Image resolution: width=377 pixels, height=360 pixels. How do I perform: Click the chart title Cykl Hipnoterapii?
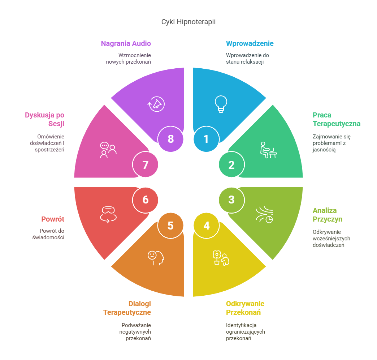pyautogui.click(x=188, y=22)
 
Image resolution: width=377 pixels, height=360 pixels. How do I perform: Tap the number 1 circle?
pyautogui.click(x=206, y=139)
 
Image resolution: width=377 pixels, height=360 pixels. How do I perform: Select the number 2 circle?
pyautogui.click(x=231, y=164)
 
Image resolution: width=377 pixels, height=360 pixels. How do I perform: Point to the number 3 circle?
pyautogui.click(x=231, y=199)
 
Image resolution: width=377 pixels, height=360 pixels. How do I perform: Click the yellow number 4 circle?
pyautogui.click(x=206, y=226)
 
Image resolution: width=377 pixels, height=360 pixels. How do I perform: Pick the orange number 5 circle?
pyautogui.click(x=170, y=226)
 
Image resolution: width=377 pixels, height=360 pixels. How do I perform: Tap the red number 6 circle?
pyautogui.click(x=145, y=199)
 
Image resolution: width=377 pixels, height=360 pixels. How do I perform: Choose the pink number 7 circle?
pyautogui.click(x=145, y=164)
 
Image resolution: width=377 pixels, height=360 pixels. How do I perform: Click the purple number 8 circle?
pyautogui.click(x=170, y=139)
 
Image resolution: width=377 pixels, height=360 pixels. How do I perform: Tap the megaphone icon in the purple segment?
pyautogui.click(x=156, y=104)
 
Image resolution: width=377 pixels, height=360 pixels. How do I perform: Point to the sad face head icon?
pyautogui.click(x=156, y=258)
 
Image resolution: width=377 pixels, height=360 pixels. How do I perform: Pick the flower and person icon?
pyautogui.click(x=221, y=257)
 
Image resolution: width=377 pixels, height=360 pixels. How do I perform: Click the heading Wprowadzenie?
pyautogui.click(x=250, y=44)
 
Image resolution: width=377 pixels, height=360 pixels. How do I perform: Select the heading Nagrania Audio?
pyautogui.click(x=126, y=44)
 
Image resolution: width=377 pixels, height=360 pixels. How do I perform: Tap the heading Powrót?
pyautogui.click(x=53, y=219)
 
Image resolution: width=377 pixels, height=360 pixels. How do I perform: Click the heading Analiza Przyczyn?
pyautogui.click(x=327, y=215)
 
